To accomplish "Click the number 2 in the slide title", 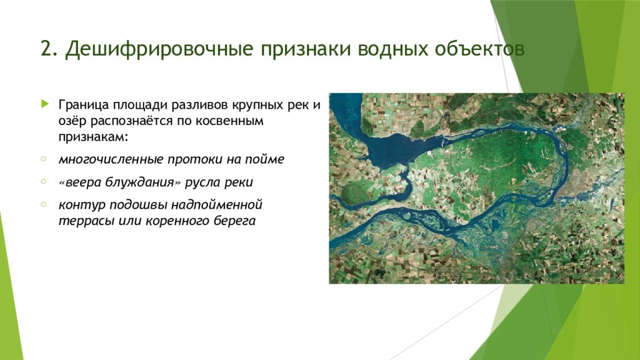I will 46,49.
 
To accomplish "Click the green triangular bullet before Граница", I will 44,103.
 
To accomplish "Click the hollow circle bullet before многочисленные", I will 43,159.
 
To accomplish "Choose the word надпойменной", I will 219,206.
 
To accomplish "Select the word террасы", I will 81,221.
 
